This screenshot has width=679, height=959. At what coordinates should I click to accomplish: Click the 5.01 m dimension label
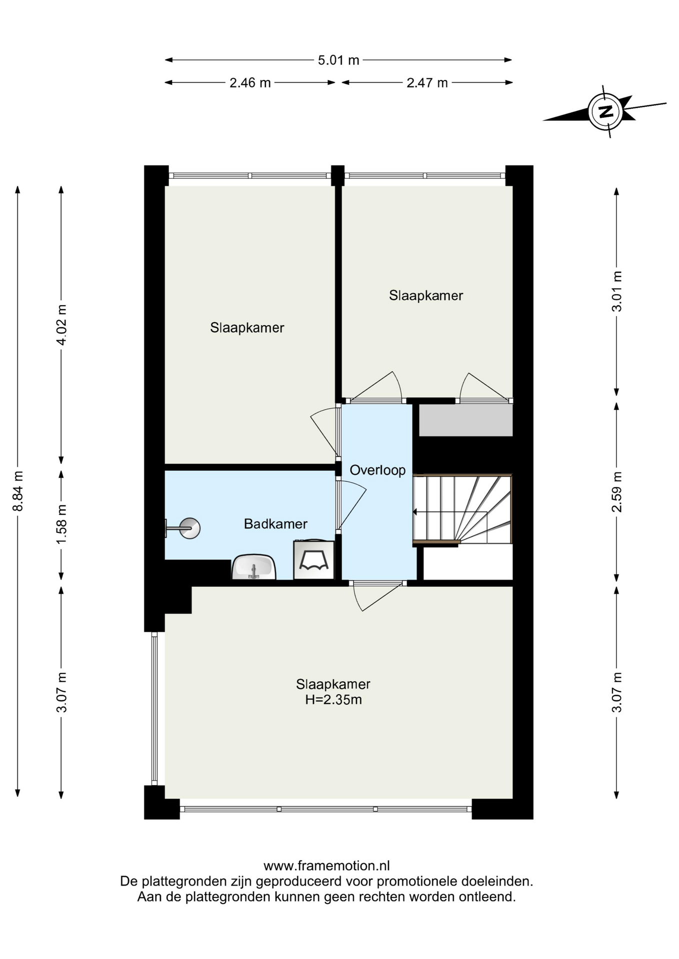pyautogui.click(x=338, y=60)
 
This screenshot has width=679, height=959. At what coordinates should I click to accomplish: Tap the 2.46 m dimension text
pyautogui.click(x=250, y=83)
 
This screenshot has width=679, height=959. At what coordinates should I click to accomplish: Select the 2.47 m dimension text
pyautogui.click(x=427, y=83)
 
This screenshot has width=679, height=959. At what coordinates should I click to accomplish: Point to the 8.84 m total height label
pyautogui.click(x=18, y=491)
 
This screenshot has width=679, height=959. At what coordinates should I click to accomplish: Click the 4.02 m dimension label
pyautogui.click(x=61, y=325)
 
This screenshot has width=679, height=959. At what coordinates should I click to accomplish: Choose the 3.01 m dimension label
pyautogui.click(x=617, y=291)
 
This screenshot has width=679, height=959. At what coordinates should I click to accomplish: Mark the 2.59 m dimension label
pyautogui.click(x=617, y=491)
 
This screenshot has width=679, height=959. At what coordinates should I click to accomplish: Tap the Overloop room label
pyautogui.click(x=377, y=470)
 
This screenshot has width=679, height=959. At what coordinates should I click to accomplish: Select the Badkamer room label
pyautogui.click(x=275, y=524)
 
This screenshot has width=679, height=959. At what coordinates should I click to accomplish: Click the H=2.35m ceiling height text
pyautogui.click(x=333, y=700)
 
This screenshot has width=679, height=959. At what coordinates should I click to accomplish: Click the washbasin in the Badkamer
pyautogui.click(x=253, y=567)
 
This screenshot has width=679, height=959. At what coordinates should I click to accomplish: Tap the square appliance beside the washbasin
pyautogui.click(x=314, y=560)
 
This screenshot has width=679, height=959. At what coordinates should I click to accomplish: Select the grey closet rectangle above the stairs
pyautogui.click(x=466, y=420)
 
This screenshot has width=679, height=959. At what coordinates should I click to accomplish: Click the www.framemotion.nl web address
pyautogui.click(x=326, y=866)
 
